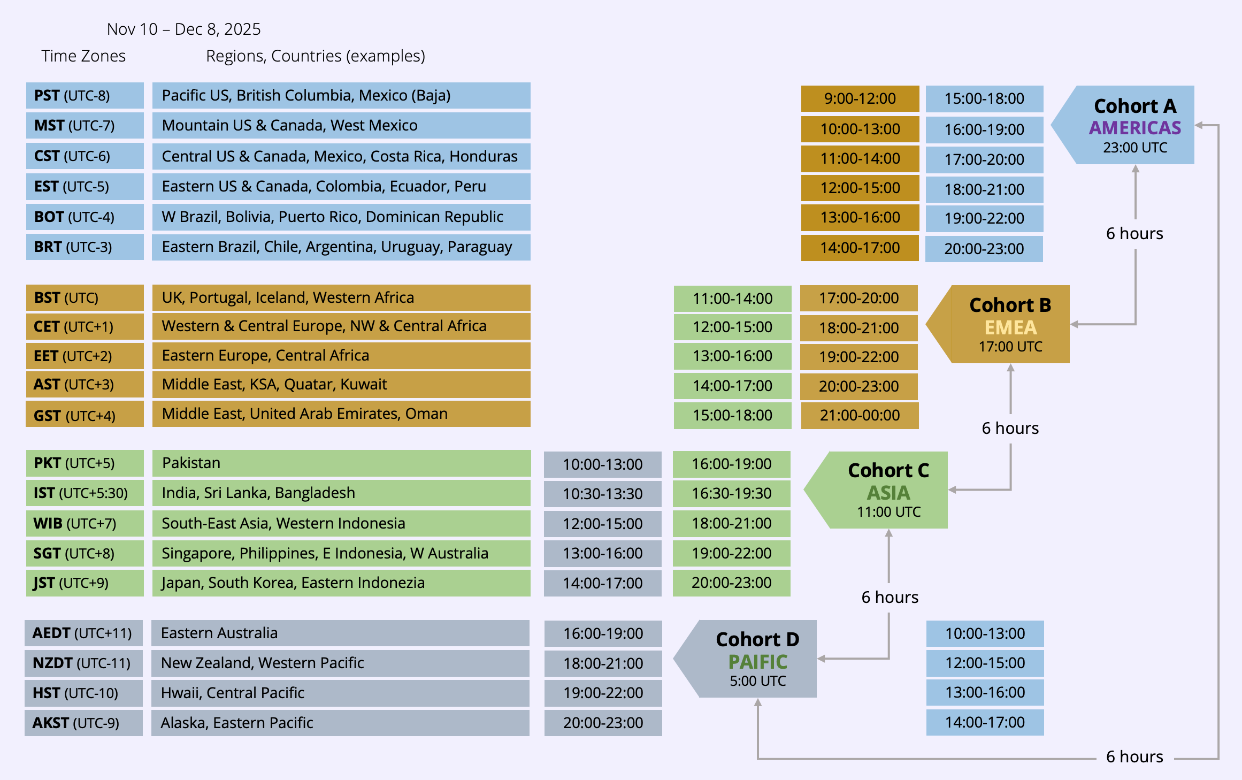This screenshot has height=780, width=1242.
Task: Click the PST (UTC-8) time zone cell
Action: (x=85, y=96)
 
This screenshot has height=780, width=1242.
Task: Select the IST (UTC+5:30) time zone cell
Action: (x=85, y=493)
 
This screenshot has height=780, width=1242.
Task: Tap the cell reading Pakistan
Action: (x=341, y=463)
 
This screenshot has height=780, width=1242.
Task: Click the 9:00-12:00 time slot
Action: (x=860, y=98)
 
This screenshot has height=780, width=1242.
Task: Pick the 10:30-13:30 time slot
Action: (x=602, y=494)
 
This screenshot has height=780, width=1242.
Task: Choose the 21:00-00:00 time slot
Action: (x=860, y=415)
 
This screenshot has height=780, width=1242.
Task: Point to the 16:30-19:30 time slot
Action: (x=731, y=493)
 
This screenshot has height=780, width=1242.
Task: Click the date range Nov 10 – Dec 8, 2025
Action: (x=183, y=29)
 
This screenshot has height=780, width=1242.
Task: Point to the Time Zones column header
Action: (x=83, y=56)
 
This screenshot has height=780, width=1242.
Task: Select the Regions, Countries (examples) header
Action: (x=315, y=56)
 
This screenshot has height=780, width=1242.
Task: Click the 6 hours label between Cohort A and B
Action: (x=1134, y=234)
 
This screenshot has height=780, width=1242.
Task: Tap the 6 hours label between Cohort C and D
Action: (x=890, y=597)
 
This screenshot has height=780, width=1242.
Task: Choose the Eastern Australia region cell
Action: (x=340, y=633)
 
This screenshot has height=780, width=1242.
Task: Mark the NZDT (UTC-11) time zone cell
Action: (x=83, y=663)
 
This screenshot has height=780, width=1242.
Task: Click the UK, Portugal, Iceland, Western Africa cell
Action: (x=341, y=297)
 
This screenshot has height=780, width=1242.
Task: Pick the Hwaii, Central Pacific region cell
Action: (x=340, y=693)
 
